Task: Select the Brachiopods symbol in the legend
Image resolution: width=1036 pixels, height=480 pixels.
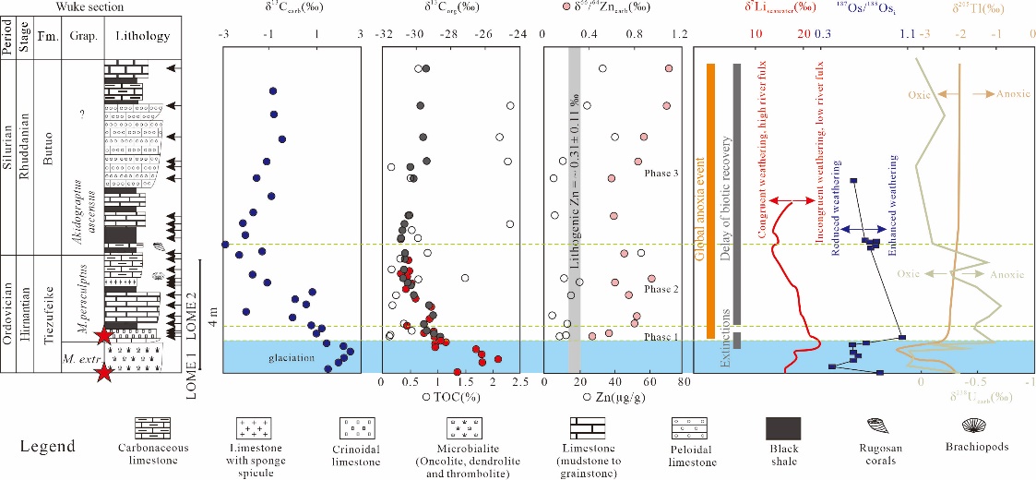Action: coord(978,426)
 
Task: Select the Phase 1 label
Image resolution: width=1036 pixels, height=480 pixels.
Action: coord(661,337)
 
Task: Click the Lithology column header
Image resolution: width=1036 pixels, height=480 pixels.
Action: coord(138,36)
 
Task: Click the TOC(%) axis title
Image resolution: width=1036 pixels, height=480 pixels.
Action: coord(452,397)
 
